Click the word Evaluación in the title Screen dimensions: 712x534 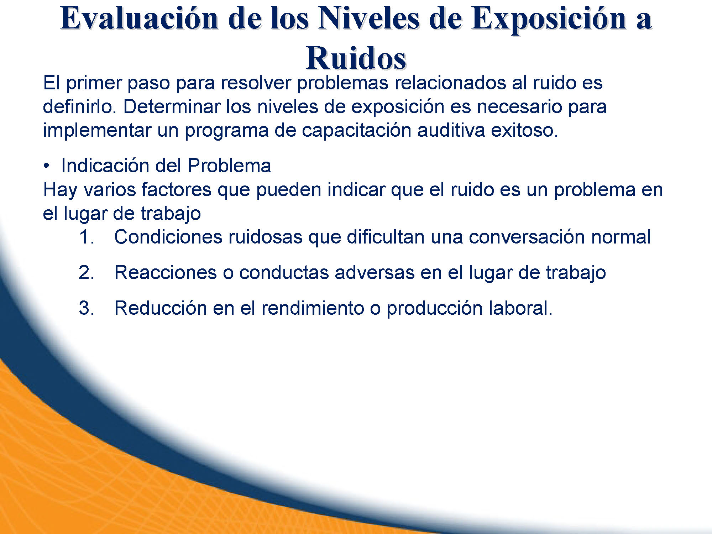tap(140, 19)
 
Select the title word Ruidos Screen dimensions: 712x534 tap(356, 58)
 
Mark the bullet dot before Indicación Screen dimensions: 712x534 tap(46, 166)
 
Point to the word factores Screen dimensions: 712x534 tap(177, 189)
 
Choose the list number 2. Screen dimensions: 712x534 tap(87, 273)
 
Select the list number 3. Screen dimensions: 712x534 tap(87, 308)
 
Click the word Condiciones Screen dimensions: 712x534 tap(168, 237)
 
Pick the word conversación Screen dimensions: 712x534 tap(527, 237)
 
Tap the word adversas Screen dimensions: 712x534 tap(375, 272)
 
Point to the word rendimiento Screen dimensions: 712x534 tap(313, 308)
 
